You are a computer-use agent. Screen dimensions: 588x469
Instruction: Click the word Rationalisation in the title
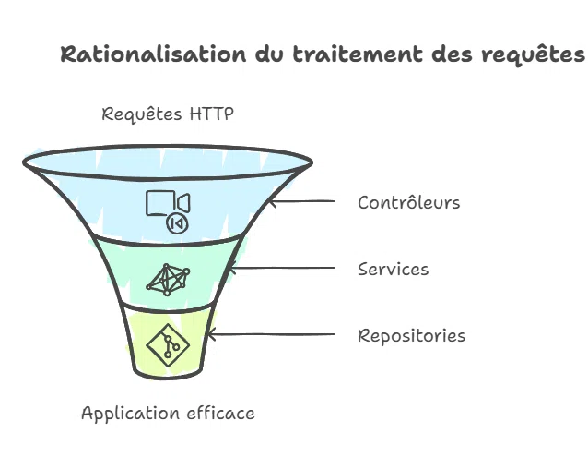pyautogui.click(x=153, y=54)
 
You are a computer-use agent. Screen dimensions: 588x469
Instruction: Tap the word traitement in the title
pyautogui.click(x=358, y=54)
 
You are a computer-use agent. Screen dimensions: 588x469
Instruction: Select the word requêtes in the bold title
pyautogui.click(x=533, y=55)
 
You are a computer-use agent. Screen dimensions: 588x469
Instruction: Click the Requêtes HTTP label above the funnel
pyautogui.click(x=168, y=114)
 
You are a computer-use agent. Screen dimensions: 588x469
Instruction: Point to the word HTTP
pyautogui.click(x=211, y=114)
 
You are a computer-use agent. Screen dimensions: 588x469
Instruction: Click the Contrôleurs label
pyautogui.click(x=409, y=202)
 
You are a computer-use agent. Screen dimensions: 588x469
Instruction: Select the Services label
pyautogui.click(x=393, y=270)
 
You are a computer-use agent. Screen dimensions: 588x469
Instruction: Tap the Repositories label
pyautogui.click(x=411, y=336)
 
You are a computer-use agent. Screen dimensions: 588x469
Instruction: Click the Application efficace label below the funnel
pyautogui.click(x=168, y=414)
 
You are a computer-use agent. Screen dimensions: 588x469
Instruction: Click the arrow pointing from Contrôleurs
pyautogui.click(x=302, y=202)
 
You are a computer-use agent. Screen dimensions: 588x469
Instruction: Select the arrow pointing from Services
pyautogui.click(x=281, y=268)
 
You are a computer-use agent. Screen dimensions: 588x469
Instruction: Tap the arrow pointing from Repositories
pyautogui.click(x=271, y=334)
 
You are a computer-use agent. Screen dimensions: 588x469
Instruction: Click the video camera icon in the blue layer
pyautogui.click(x=168, y=203)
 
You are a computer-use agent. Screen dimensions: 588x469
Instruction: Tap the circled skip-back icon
pyautogui.click(x=177, y=223)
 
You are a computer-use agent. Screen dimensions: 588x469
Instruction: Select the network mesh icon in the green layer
pyautogui.click(x=168, y=280)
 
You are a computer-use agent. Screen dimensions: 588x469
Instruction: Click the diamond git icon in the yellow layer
pyautogui.click(x=168, y=344)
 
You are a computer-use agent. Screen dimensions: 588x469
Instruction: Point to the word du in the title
pyautogui.click(x=269, y=54)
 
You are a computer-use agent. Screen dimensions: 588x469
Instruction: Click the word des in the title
pyautogui.click(x=452, y=54)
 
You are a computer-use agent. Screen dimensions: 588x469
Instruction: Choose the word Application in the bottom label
pyautogui.click(x=130, y=414)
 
